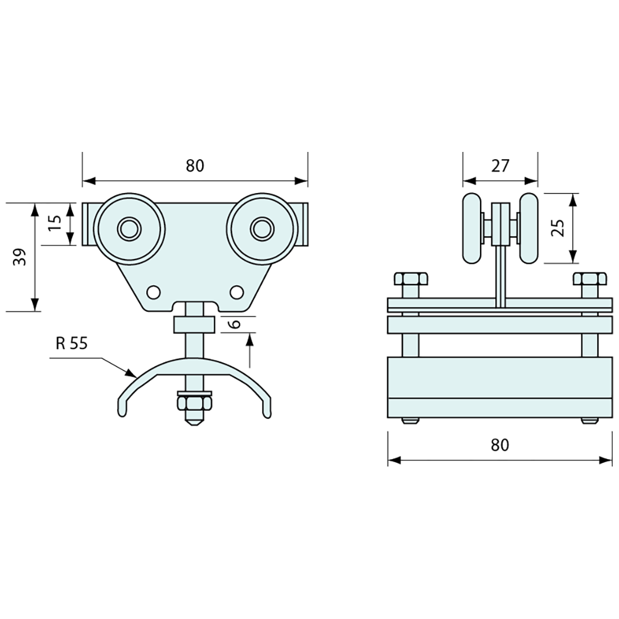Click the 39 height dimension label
pos(20,257)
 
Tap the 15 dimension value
pos(55,224)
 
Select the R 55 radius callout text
pos(72,343)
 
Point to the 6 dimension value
pos(236,324)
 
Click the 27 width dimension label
pos(500,166)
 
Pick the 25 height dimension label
pos(557,228)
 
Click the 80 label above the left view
pos(195,166)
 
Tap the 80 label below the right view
pos(499,445)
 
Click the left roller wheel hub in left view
pos(129,228)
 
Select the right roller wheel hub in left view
pos(261,228)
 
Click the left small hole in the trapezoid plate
pos(152,292)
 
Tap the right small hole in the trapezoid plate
pos(236,292)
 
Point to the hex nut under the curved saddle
pos(194,403)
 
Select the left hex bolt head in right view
pos(411,279)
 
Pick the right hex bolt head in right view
pos(590,279)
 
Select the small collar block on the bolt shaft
pos(194,325)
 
